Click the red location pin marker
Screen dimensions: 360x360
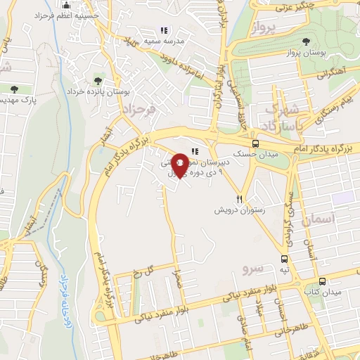pyautogui.click(x=180, y=165)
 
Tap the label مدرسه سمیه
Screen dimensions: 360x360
pyautogui.click(x=165, y=41)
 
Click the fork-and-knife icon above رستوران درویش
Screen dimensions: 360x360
pyautogui.click(x=240, y=199)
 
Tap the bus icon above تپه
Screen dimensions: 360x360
pyautogui.click(x=284, y=259)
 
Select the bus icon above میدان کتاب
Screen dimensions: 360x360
pyautogui.click(x=328, y=280)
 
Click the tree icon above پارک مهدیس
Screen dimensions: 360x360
pyautogui.click(x=15, y=89)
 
